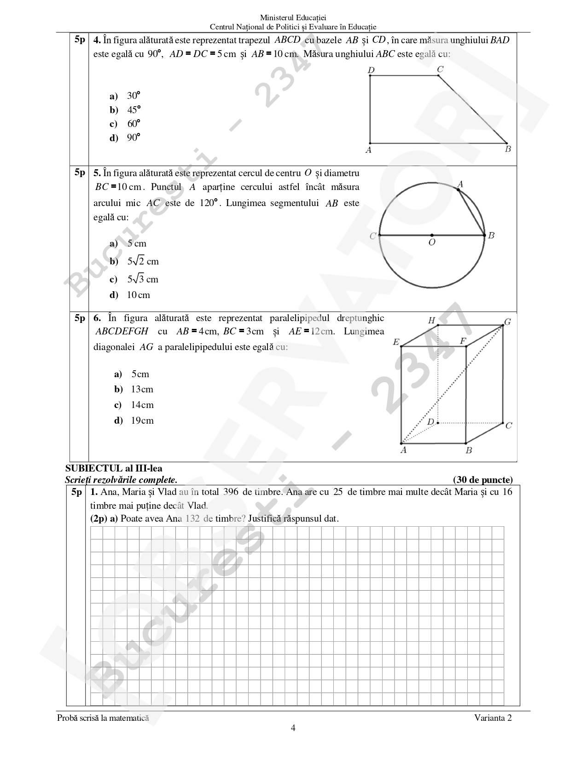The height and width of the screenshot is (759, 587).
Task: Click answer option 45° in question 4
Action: coord(134,110)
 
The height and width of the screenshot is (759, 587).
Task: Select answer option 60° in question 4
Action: coord(134,124)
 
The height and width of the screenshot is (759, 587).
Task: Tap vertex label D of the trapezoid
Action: coord(371,70)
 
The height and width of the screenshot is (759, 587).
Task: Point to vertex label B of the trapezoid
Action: coord(508,149)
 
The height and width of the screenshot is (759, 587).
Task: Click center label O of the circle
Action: coord(432,242)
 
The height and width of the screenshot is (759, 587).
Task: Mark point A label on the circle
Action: coord(460,184)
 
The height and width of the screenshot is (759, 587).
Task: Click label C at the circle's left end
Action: coord(373,236)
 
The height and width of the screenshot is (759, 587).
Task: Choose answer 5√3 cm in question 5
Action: coord(143,279)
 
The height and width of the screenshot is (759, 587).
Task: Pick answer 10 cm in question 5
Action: coord(138,295)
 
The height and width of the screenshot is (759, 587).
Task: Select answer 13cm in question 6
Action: coord(142,389)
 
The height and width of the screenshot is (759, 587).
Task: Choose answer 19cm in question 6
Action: coord(142,420)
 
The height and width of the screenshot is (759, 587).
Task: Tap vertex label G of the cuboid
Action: coord(507,322)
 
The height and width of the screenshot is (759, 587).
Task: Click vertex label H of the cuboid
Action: coord(431,321)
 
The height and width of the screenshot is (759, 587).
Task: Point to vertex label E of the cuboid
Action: coord(396,342)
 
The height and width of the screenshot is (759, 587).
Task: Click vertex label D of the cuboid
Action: coord(430,422)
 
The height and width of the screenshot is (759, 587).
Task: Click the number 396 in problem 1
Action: coord(231,492)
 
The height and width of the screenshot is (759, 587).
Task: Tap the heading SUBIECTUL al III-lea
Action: coord(114,469)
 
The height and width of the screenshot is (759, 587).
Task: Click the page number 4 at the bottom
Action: coord(293,728)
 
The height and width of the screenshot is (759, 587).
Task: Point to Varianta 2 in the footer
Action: coord(493,718)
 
